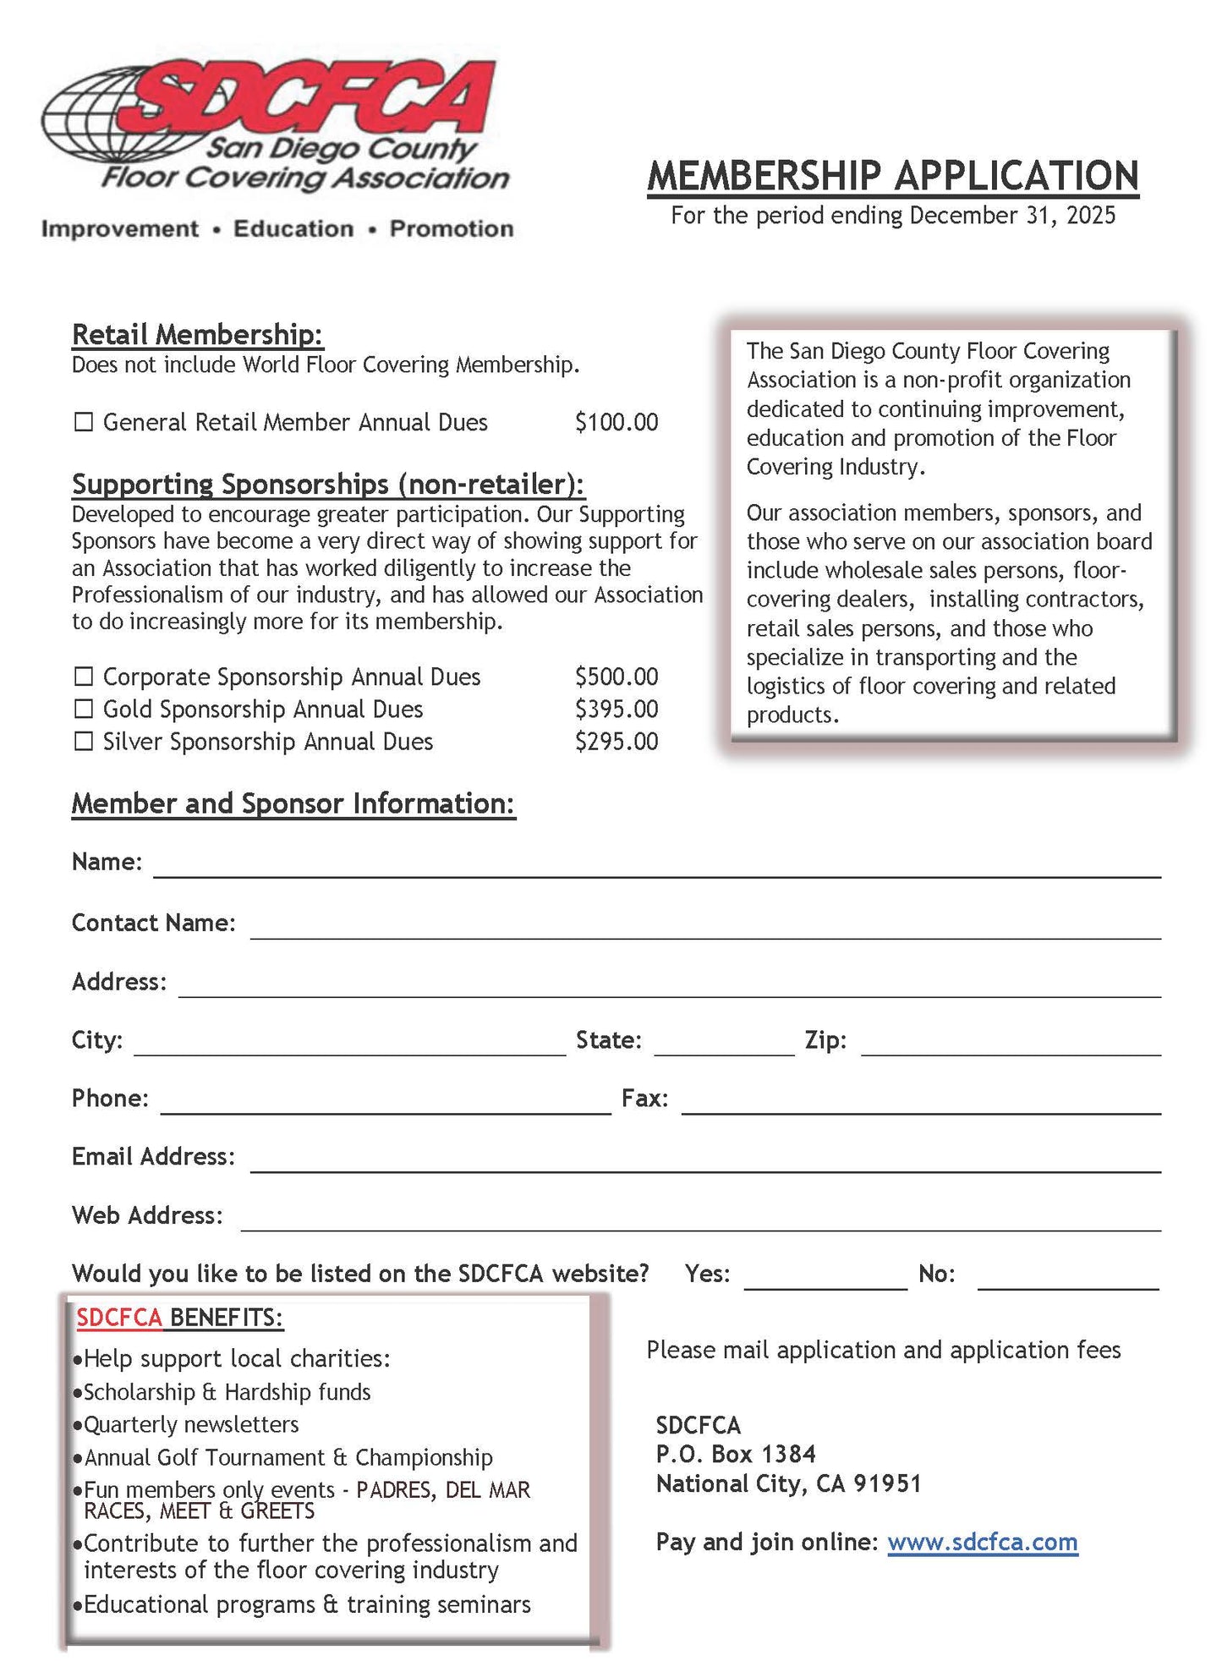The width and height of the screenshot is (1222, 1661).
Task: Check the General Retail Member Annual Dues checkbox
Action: pyautogui.click(x=83, y=422)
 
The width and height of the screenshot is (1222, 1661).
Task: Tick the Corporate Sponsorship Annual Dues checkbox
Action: pyautogui.click(x=83, y=677)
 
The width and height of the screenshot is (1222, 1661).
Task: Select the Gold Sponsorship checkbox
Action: pyautogui.click(x=83, y=709)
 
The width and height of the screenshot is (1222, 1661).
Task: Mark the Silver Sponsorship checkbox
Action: pyautogui.click(x=83, y=742)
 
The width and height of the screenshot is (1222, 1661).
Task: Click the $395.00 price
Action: pyautogui.click(x=616, y=709)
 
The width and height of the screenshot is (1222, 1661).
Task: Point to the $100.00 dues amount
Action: pyautogui.click(x=616, y=422)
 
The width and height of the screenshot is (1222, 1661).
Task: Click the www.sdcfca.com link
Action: pyautogui.click(x=982, y=1542)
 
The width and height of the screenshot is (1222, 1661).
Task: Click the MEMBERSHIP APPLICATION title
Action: pyautogui.click(x=892, y=176)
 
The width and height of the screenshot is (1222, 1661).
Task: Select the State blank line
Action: pyautogui.click(x=723, y=1046)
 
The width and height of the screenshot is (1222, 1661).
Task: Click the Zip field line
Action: pyautogui.click(x=1010, y=1046)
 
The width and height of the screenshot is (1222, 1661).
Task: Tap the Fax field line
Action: pyautogui.click(x=920, y=1105)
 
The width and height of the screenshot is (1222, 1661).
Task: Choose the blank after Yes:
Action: pyautogui.click(x=825, y=1280)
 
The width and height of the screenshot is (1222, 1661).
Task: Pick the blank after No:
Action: pyautogui.click(x=1067, y=1280)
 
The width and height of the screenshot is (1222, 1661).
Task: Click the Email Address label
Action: pyautogui.click(x=153, y=1156)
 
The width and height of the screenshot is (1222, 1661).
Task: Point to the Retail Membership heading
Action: pyautogui.click(x=197, y=335)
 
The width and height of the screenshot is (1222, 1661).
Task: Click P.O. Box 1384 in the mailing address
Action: pyautogui.click(x=736, y=1454)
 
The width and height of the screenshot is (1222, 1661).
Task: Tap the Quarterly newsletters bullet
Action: pyautogui.click(x=190, y=1424)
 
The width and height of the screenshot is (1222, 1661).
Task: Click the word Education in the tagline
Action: pyautogui.click(x=293, y=229)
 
